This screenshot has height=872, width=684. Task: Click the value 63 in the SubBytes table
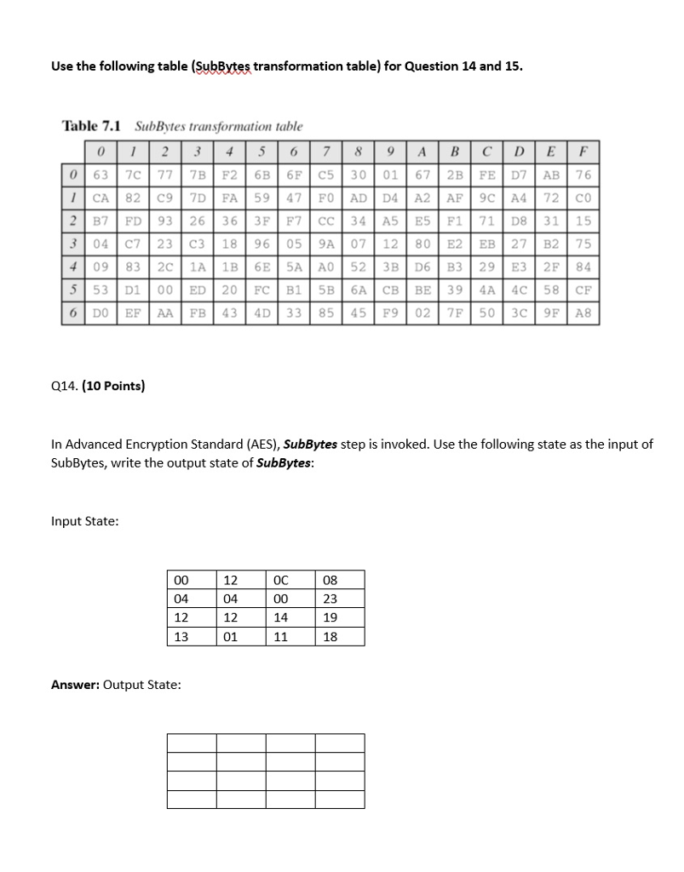click(x=99, y=175)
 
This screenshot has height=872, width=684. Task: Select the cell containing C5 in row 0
click(x=327, y=175)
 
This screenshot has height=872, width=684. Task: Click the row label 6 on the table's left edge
click(x=73, y=313)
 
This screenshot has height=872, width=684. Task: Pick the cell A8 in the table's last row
click(x=584, y=313)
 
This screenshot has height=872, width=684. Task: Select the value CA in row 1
click(x=99, y=198)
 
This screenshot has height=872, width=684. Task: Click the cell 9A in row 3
click(x=327, y=244)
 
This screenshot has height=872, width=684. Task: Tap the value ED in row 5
click(x=196, y=290)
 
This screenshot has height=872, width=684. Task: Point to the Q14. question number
click(x=65, y=386)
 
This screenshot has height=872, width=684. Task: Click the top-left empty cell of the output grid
click(x=192, y=743)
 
